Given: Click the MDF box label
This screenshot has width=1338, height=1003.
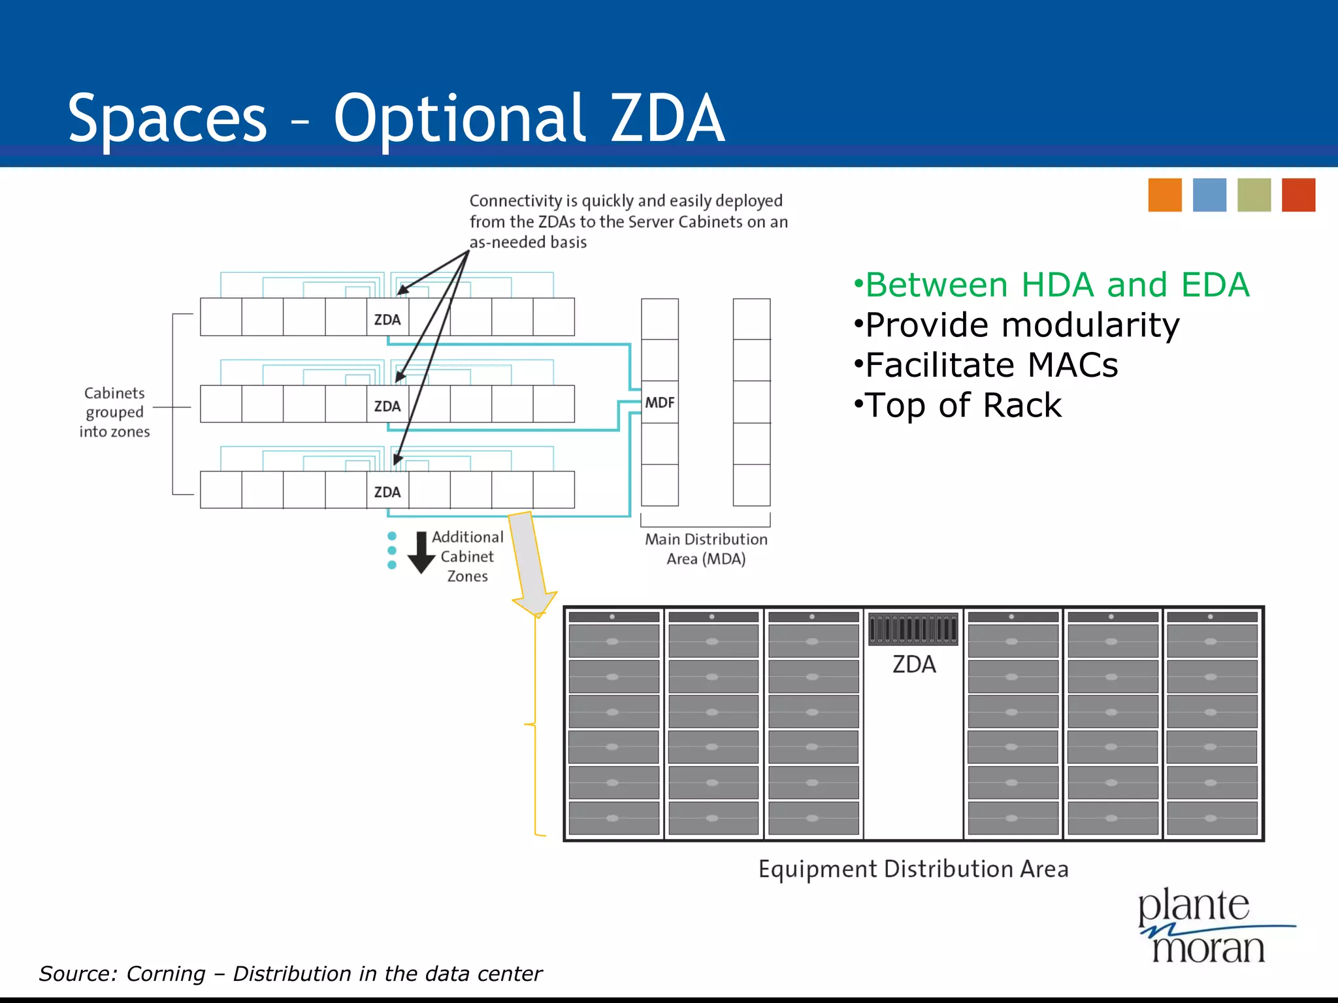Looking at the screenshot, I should tap(659, 402).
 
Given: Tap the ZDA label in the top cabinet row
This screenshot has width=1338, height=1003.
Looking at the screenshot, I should tap(387, 319).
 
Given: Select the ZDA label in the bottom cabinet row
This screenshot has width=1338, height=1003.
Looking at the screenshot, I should tap(387, 492).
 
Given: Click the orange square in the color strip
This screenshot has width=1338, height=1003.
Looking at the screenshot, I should tap(1165, 195).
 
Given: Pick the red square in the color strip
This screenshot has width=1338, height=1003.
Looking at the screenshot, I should tap(1298, 195).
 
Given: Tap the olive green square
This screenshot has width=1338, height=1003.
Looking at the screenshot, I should tap(1254, 195).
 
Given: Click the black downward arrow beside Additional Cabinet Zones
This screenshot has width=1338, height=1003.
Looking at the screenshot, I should tap(421, 552).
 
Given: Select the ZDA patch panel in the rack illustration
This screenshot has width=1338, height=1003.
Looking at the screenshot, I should tap(913, 629).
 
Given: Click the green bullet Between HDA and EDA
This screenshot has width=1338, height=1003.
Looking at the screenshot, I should tap(1051, 285).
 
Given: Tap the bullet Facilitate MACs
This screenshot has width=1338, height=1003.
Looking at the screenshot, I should tap(986, 364).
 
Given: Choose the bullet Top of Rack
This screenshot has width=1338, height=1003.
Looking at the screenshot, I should tap(958, 405).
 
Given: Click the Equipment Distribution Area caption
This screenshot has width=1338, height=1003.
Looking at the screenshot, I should tap(913, 869).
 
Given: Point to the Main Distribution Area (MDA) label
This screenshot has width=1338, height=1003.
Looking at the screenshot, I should tap(706, 549).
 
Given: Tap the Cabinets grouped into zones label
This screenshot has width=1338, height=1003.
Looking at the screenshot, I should tap(114, 412).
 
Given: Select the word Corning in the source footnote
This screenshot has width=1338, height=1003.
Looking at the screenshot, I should tap(165, 974).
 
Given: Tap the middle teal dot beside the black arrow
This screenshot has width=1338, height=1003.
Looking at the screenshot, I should tap(392, 550).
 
